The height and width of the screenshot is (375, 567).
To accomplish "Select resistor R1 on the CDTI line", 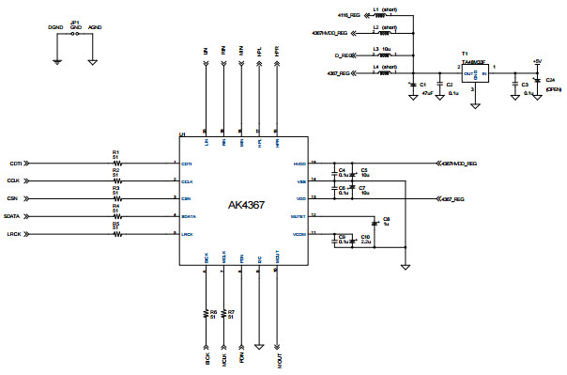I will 116,163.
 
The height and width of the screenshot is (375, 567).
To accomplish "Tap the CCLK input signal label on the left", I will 14,180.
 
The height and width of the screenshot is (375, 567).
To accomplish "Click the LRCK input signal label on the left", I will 14,233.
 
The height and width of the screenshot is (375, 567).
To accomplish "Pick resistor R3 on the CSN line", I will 116,198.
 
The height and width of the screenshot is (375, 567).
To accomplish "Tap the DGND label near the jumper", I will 55,28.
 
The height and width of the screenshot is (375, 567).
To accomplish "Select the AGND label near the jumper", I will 95,28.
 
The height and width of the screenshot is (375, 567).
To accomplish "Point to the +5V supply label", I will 536,61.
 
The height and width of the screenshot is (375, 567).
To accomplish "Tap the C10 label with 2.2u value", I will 365,239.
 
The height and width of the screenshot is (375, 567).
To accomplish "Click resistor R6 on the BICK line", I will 207,313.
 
